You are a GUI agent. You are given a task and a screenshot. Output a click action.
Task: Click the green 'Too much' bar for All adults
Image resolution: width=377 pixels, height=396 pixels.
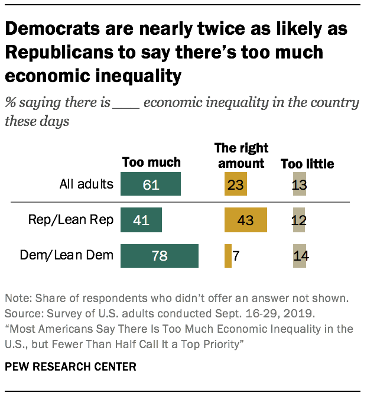coord(151,184)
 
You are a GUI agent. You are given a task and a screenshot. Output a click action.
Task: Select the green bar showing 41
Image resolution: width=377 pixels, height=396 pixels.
coord(141,220)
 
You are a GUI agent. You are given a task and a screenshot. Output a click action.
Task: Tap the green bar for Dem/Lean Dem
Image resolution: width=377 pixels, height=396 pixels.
coord(160,256)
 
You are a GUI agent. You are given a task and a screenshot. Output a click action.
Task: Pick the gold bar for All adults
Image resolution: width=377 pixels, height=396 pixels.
coord(235,184)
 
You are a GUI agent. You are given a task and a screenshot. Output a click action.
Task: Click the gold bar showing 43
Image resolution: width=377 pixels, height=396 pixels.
coord(246,220)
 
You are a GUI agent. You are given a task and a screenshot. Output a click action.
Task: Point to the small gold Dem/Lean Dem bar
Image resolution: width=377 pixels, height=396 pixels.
coord(228,256)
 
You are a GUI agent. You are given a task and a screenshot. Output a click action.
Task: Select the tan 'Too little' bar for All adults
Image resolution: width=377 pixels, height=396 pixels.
coord(299,184)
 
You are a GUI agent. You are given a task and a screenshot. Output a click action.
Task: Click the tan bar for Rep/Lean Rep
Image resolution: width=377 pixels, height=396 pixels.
coord(298,220)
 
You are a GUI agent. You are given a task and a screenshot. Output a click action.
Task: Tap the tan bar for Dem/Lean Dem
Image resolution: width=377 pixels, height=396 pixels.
coord(300,256)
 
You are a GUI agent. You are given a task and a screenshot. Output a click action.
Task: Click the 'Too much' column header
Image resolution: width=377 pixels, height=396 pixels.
coord(151,163)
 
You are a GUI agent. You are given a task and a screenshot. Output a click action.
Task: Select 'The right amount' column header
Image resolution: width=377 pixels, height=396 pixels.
coord(241,155)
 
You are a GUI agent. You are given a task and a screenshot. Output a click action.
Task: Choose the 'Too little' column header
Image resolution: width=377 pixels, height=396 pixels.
coord(307,163)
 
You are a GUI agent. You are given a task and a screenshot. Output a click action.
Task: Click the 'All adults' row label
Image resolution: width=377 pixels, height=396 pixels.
coord(86,184)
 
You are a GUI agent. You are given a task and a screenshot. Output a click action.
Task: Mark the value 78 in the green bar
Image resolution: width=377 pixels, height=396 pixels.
coord(160,256)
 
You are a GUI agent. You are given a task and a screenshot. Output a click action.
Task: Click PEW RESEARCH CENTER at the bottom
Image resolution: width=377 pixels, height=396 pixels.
coord(70,367)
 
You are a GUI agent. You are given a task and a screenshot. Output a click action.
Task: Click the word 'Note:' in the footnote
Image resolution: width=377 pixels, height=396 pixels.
coord(18,297)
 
